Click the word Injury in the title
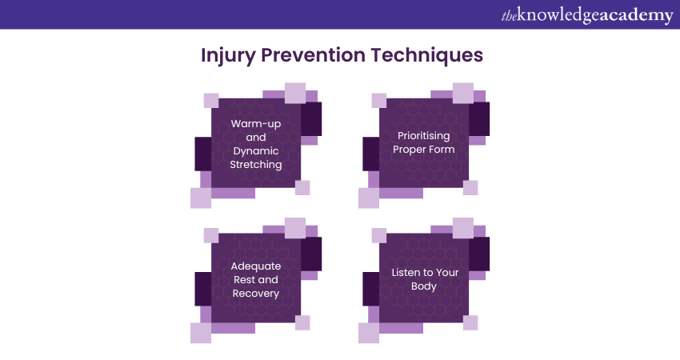tap(228, 56)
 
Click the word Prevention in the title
tap(313, 55)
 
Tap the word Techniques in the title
tap(426, 56)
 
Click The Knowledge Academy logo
tap(587, 15)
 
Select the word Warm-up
tap(256, 124)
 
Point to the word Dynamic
tap(256, 151)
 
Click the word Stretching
tap(256, 165)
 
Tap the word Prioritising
tap(424, 136)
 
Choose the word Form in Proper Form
tap(442, 150)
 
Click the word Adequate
tap(256, 266)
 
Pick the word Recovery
tap(256, 294)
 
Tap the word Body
tap(424, 286)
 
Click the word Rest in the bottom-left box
tap(243, 280)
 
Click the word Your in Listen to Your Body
tap(447, 272)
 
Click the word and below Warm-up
tap(256, 138)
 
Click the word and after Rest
tap(268, 280)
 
